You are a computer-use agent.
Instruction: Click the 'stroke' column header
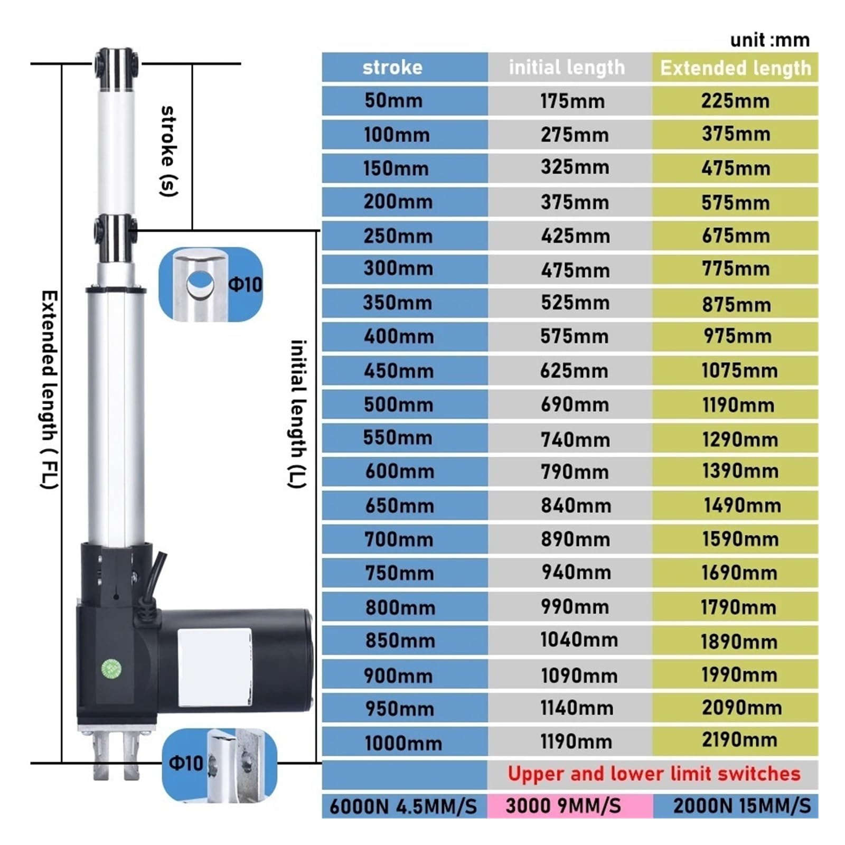392,68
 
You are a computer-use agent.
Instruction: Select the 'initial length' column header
567,68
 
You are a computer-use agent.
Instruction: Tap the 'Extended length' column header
735,68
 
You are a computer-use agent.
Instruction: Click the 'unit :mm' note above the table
769,40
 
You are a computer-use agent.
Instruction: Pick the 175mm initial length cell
572,101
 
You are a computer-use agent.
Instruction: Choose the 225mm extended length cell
735,101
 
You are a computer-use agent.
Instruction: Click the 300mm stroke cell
398,269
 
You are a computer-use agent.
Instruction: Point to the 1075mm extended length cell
739,371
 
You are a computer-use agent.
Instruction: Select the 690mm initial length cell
575,405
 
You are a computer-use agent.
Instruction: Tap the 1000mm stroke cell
403,743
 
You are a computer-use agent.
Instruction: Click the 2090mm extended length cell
741,708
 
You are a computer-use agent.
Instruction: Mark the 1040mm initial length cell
579,640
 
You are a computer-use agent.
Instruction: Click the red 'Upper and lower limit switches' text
654,774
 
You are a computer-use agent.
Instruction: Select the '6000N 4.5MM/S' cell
403,806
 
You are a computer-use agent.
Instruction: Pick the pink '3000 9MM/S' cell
563,806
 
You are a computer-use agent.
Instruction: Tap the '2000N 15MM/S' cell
741,806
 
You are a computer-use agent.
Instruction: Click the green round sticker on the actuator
111,669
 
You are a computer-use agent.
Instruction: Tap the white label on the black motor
214,667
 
